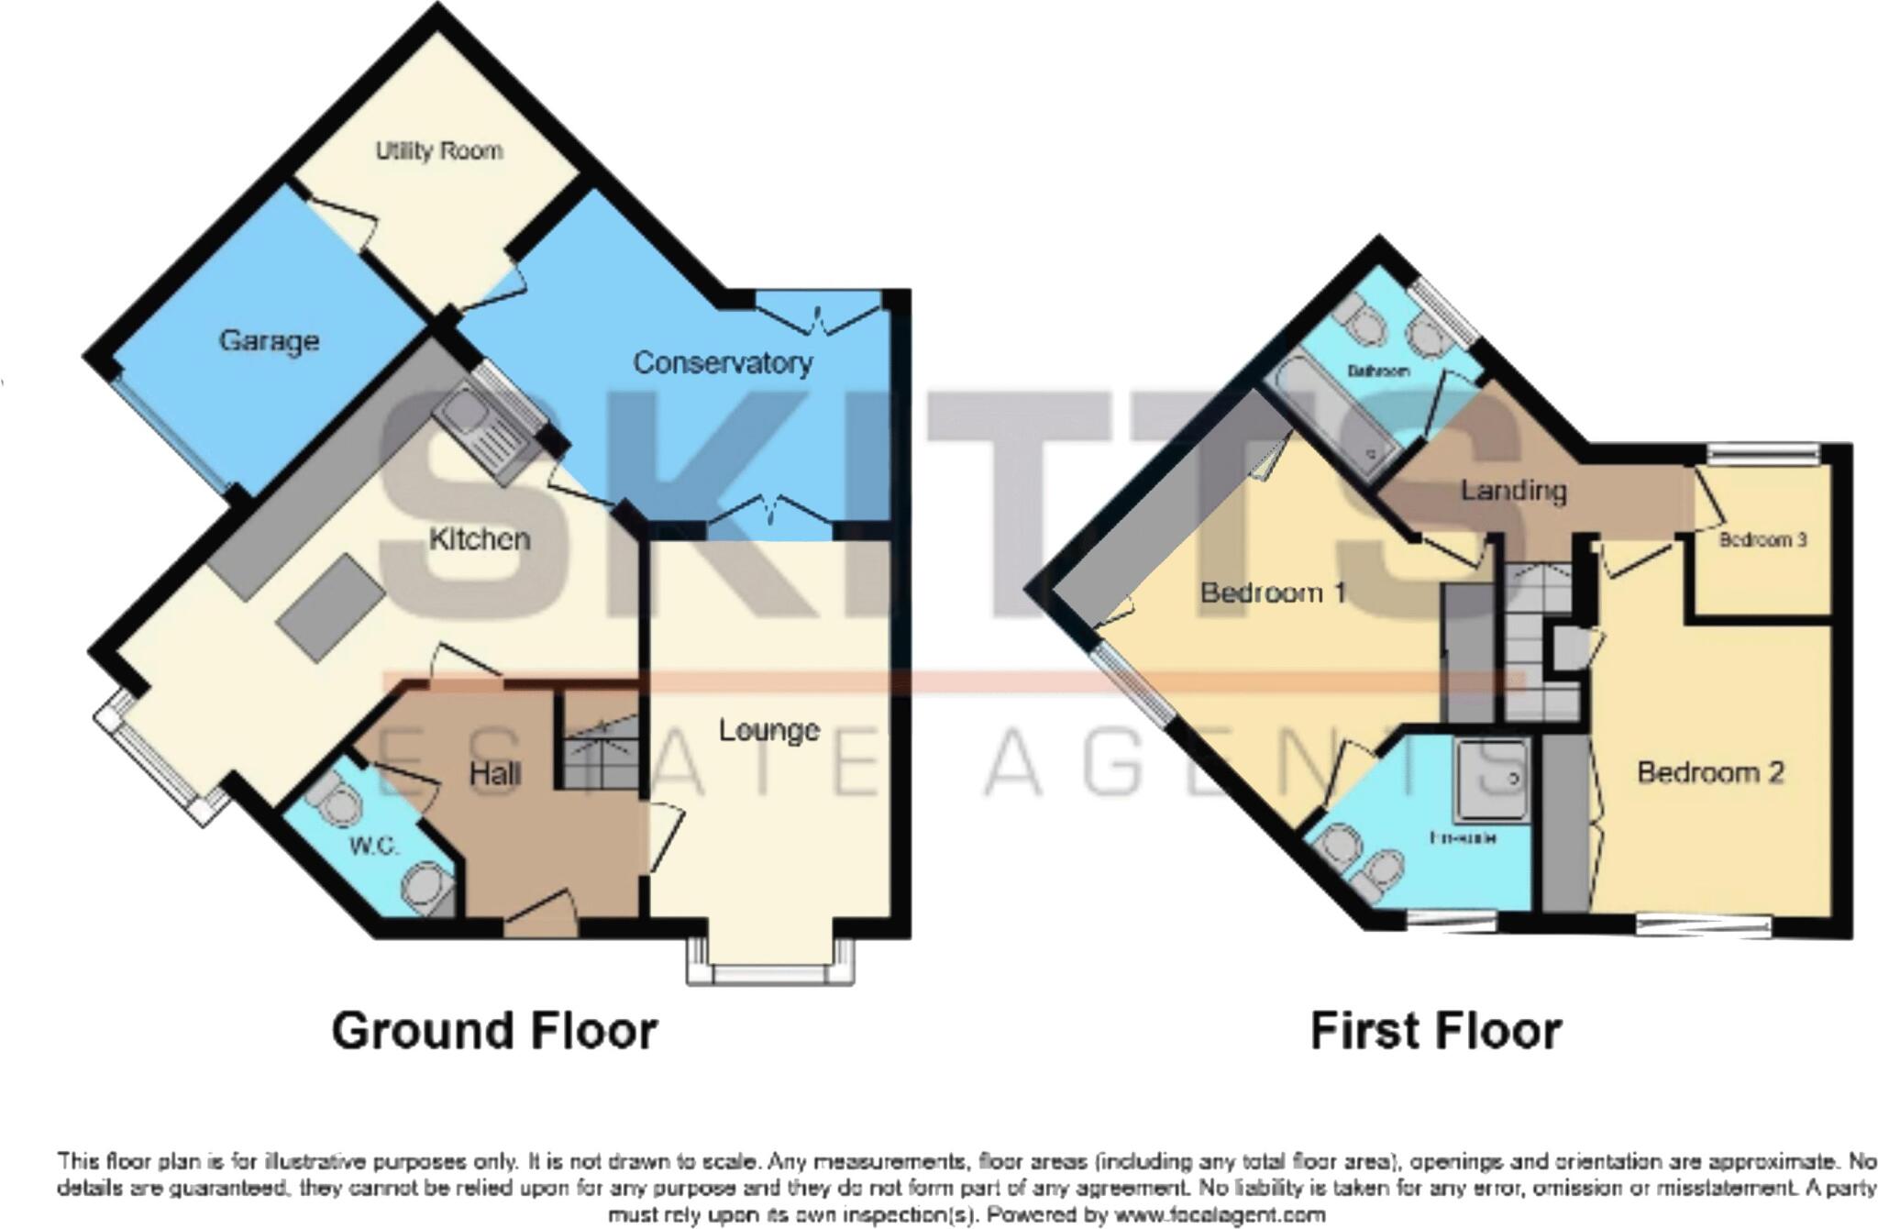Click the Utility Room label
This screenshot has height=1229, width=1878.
click(x=439, y=150)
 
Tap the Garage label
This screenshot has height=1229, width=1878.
click(x=269, y=341)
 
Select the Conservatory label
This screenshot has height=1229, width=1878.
click(x=723, y=363)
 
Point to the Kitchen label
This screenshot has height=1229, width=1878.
click(x=480, y=538)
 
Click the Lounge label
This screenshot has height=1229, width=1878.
click(x=768, y=730)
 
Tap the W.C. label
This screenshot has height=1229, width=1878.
click(x=373, y=846)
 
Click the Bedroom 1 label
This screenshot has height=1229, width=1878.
click(x=1273, y=592)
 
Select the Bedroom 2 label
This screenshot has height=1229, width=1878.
click(x=1710, y=772)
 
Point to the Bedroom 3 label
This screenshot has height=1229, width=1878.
click(x=1762, y=540)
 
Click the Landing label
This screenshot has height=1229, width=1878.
click(x=1513, y=491)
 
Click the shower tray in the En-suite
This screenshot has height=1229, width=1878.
click(x=1491, y=780)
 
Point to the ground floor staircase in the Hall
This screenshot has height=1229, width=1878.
click(x=599, y=752)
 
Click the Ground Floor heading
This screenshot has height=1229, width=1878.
click(x=494, y=1031)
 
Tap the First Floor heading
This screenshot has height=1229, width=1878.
click(x=1435, y=1031)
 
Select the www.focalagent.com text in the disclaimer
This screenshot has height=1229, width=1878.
click(x=1219, y=1215)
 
